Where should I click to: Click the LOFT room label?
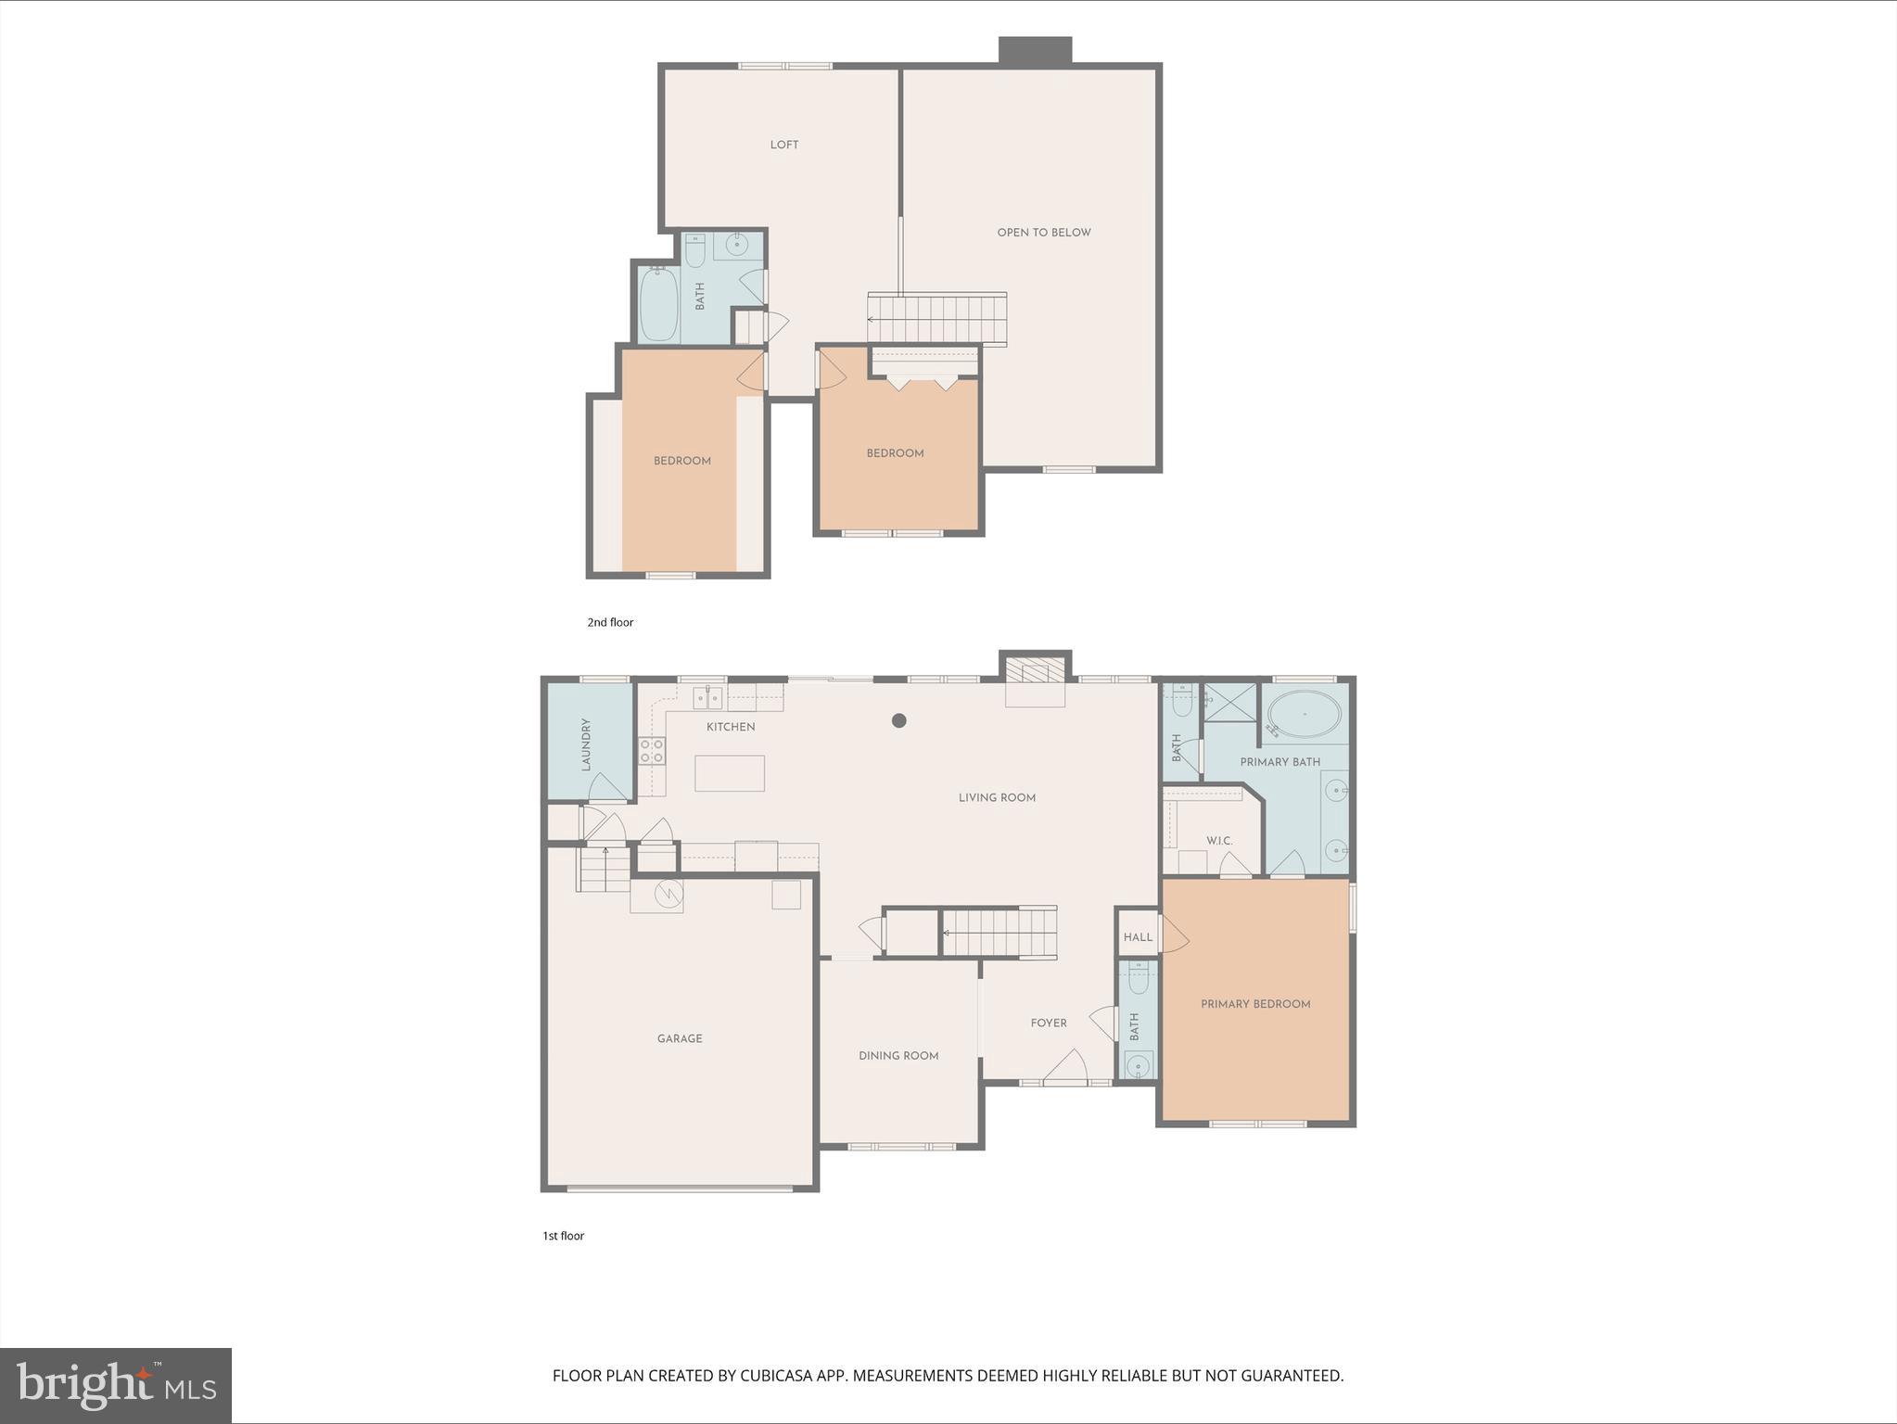tap(783, 145)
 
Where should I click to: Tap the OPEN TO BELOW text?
tap(1043, 233)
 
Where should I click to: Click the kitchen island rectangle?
tap(729, 773)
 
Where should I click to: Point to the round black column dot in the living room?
tap(898, 720)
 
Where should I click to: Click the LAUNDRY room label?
tap(586, 744)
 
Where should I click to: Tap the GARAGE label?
tap(680, 1038)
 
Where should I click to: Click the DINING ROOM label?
tap(898, 1056)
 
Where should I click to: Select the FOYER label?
tap(1049, 1023)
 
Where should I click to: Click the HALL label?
tap(1138, 937)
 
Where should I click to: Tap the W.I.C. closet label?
tap(1218, 841)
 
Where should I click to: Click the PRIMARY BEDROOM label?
tap(1255, 1004)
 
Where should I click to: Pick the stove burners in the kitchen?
tap(652, 751)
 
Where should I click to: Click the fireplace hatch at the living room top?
tap(1035, 670)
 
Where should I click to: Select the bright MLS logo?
tap(116, 1386)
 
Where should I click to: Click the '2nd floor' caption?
tap(610, 622)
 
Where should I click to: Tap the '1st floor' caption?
tap(563, 1236)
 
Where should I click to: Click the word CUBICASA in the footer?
tap(778, 1376)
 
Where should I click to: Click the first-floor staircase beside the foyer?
tap(999, 933)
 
